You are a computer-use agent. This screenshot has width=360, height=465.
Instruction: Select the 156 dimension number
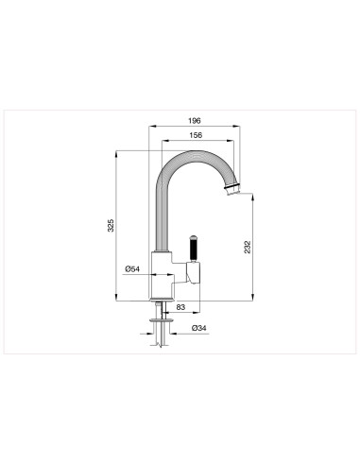[x=196, y=135]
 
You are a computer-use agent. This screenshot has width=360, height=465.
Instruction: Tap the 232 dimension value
[x=248, y=246]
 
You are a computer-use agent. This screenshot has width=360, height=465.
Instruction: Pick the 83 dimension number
[x=180, y=307]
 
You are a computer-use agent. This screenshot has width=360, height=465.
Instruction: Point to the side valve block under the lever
[x=196, y=274]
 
